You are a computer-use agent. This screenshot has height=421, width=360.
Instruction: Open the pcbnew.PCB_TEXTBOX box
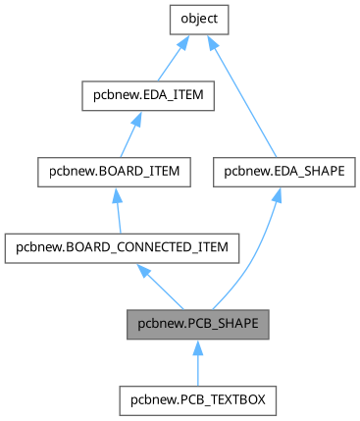[x=197, y=400]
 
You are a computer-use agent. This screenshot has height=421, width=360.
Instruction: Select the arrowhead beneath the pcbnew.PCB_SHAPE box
[x=197, y=346]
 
